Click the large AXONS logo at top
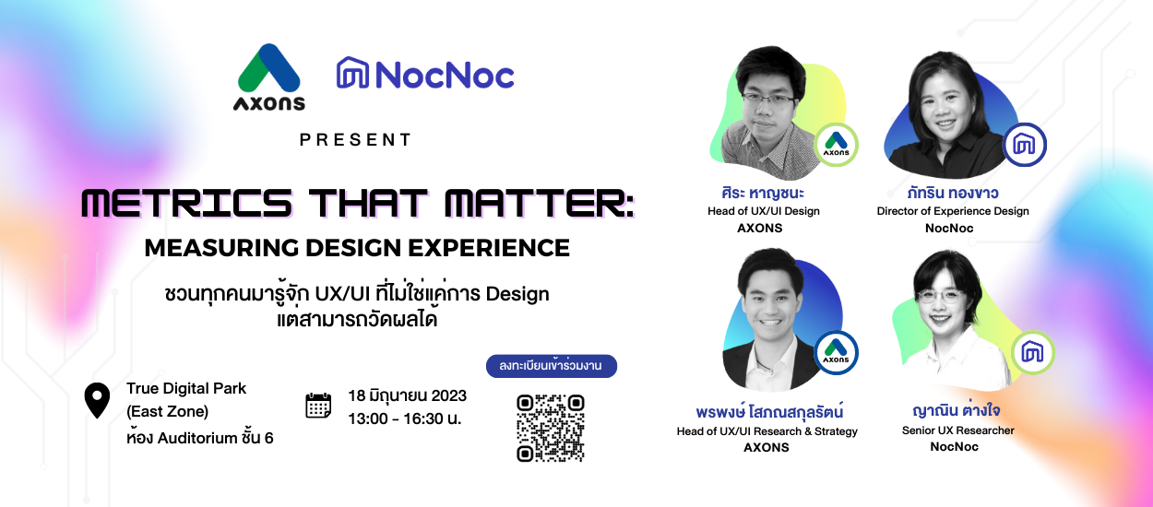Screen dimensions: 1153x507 point(269,77)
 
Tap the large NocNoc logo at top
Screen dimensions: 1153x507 point(425,74)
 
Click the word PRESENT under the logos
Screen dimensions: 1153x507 point(356,140)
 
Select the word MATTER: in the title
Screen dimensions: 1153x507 point(540,204)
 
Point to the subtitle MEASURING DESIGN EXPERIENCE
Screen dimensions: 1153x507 point(357,248)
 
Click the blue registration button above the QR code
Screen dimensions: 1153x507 point(552,366)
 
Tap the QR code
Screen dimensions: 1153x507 point(551,428)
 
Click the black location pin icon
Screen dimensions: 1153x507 point(97,400)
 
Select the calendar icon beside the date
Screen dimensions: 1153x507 point(318,406)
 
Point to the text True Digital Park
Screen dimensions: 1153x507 point(186,388)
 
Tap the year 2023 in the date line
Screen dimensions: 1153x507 point(449,395)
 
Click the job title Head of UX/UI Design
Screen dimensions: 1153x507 point(764,211)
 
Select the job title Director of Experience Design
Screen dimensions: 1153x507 point(953,211)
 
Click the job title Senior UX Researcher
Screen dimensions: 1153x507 point(958,430)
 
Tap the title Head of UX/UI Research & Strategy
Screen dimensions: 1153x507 point(767,430)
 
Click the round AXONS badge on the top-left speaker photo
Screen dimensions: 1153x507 point(836,145)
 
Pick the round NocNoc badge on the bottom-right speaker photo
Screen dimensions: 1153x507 point(1032,353)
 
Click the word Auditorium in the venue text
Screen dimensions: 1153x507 point(197,438)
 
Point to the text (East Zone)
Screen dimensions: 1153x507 point(167,411)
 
